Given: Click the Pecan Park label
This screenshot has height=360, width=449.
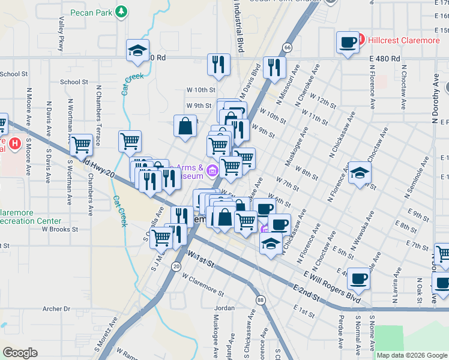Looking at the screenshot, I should [x=91, y=12].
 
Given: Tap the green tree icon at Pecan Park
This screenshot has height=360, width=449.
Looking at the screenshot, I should [x=122, y=11].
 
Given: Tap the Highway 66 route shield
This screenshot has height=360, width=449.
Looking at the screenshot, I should [x=288, y=47].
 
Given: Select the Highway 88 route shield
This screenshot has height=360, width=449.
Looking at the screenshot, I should [x=260, y=299].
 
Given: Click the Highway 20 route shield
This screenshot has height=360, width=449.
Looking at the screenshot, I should [x=176, y=266].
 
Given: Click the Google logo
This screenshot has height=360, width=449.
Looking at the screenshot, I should [x=20, y=353].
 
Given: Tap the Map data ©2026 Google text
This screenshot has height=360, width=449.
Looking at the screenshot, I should [x=412, y=355].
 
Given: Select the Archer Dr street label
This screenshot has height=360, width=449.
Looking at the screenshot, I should [x=56, y=308].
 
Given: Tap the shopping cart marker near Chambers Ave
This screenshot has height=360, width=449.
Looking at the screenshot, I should [x=81, y=145].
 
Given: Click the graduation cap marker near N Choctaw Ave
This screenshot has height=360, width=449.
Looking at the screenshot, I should [x=360, y=173].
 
